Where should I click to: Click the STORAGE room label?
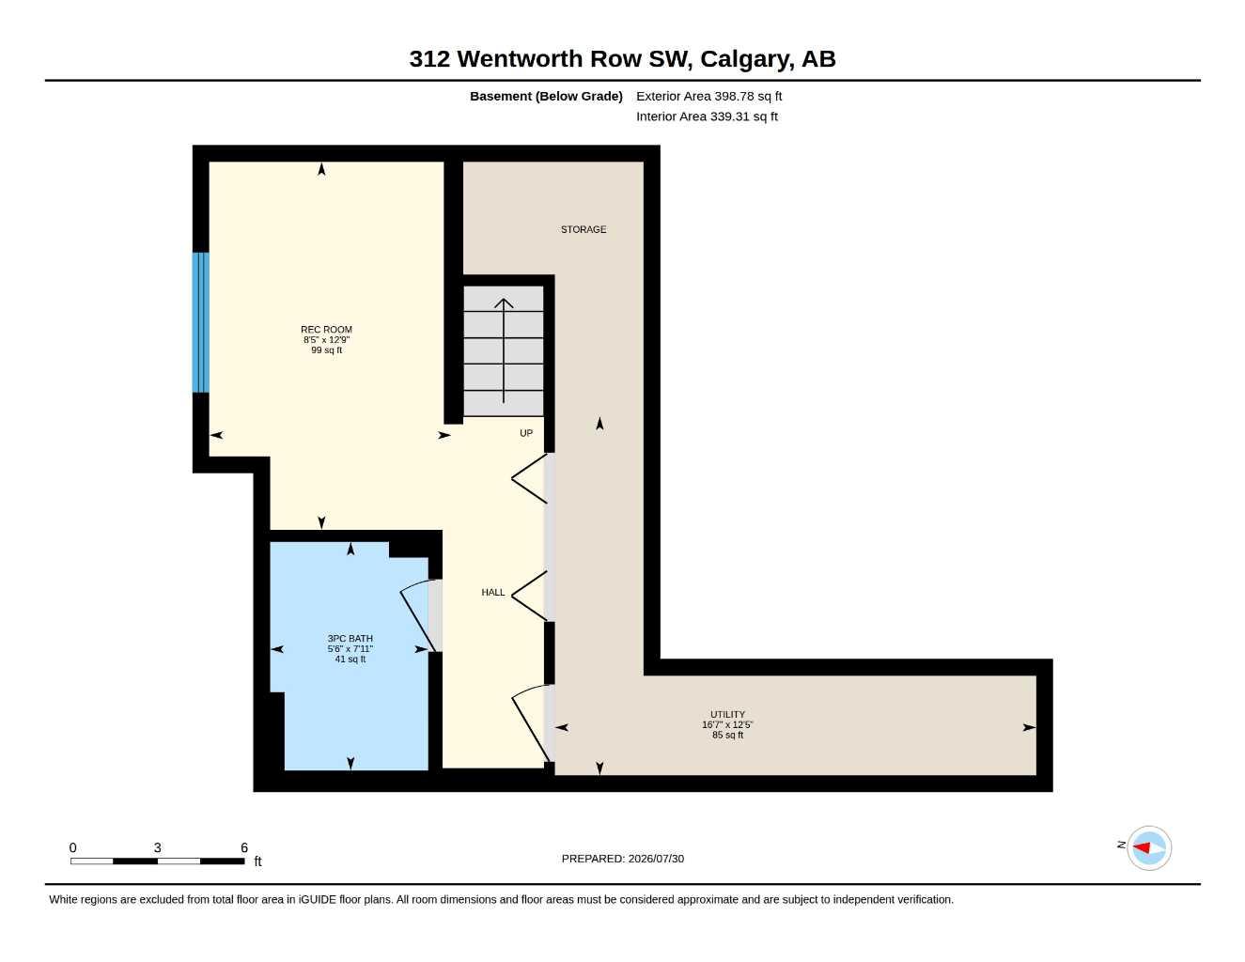(x=584, y=229)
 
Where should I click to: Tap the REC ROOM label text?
(x=327, y=330)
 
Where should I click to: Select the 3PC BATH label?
(x=350, y=639)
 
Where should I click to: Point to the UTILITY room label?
(x=727, y=715)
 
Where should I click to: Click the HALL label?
(x=492, y=593)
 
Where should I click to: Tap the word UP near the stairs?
(x=526, y=433)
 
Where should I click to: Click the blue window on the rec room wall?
(x=200, y=322)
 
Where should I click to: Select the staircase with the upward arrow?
(x=504, y=351)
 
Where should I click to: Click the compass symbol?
(x=1149, y=848)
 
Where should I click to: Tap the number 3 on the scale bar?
(x=158, y=847)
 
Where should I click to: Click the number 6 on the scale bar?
(x=244, y=847)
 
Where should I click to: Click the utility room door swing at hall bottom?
(x=531, y=723)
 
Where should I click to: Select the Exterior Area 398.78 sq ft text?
(x=708, y=96)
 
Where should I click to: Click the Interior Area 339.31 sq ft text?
(x=707, y=116)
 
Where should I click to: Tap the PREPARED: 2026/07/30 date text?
(x=623, y=859)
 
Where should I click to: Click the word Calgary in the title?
(x=747, y=59)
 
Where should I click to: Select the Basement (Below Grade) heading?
(x=546, y=96)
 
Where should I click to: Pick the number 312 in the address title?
(x=429, y=59)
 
